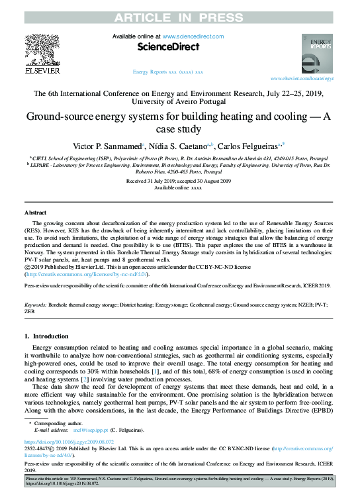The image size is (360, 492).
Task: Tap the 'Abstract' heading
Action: (35, 213)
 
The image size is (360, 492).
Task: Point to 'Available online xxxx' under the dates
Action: (177, 187)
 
